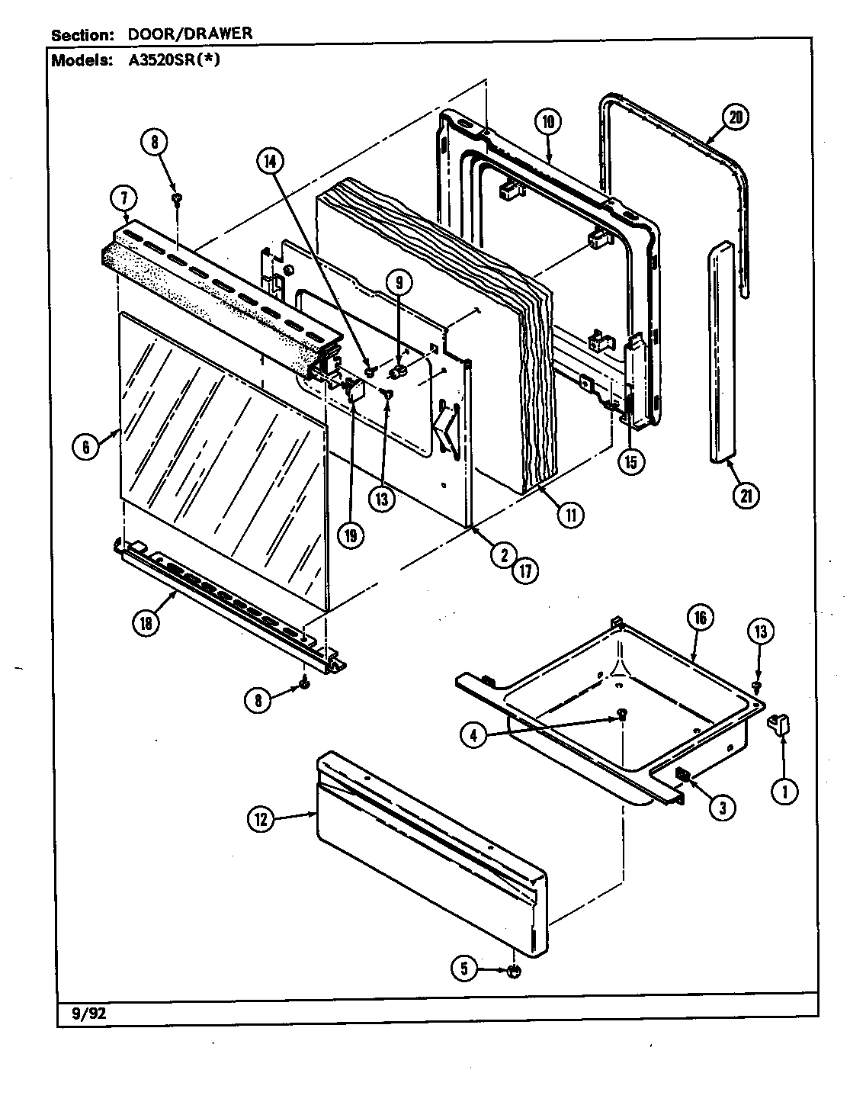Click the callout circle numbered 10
[548, 120]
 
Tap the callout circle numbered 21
[746, 495]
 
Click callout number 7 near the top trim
[123, 198]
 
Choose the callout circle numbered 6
[86, 447]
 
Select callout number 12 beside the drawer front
[261, 820]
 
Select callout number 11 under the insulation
[569, 515]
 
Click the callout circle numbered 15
[631, 461]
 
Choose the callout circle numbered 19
[350, 535]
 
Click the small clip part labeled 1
[778, 723]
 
